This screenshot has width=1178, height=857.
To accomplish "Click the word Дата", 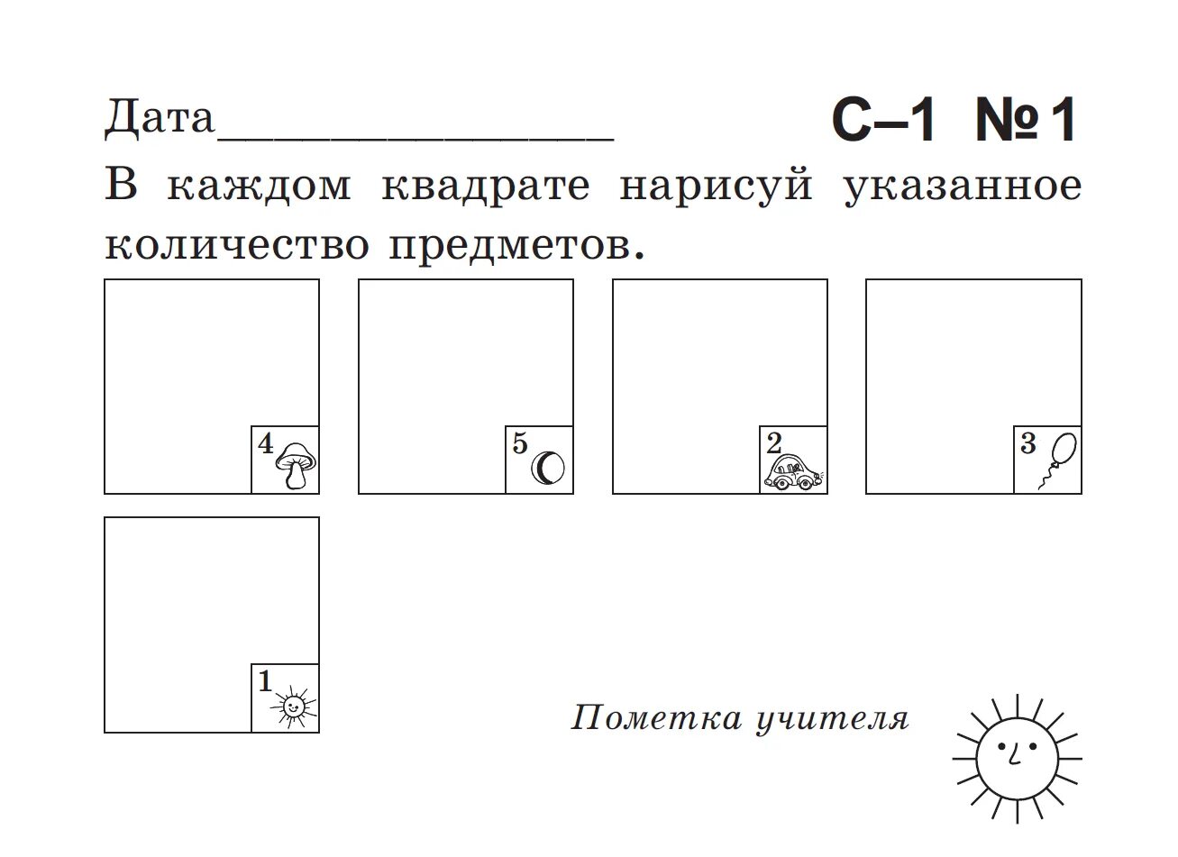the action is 160,118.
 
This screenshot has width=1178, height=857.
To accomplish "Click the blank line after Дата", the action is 415,135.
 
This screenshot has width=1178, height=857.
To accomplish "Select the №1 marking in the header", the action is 1026,122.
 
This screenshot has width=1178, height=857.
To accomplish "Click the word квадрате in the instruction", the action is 487,187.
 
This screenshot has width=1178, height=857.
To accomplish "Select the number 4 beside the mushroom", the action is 265,442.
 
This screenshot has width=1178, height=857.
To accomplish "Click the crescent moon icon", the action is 548,469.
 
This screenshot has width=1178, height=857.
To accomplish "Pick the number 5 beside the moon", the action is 519,442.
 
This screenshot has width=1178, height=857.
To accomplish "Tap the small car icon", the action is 793,472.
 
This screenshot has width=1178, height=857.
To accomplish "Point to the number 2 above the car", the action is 774,442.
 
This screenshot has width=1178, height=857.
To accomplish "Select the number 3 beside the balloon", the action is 1028,442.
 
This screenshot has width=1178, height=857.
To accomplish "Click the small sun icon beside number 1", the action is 293,707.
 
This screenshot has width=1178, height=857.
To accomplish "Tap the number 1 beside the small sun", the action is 265,681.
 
